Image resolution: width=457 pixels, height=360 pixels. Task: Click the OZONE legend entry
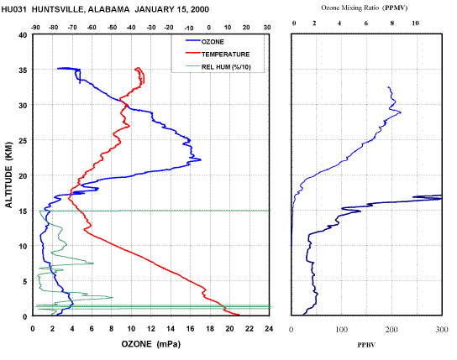pos(205,42)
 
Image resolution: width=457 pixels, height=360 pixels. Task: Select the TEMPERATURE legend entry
pos(218,55)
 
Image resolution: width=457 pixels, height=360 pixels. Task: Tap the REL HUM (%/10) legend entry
pos(218,67)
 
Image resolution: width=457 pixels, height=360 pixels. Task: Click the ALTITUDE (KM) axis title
pos(9,175)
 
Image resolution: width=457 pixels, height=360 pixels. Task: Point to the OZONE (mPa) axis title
pos(151,344)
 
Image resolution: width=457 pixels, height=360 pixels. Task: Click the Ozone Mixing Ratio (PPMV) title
pos(364,8)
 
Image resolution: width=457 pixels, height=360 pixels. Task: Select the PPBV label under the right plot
pos(366,345)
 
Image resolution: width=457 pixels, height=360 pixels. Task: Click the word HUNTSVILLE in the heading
pos(57,9)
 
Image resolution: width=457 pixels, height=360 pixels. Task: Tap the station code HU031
pos(13,9)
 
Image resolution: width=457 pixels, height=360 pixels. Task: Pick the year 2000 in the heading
pos(200,9)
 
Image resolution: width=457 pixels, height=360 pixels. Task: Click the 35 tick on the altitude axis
pos(23,70)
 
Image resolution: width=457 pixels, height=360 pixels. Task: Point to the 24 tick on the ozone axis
pos(269,329)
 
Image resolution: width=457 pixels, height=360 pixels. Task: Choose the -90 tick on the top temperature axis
pos(35,28)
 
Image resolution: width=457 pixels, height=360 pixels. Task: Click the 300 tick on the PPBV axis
pos(442,330)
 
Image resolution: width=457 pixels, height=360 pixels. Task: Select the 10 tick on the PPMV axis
pos(415,23)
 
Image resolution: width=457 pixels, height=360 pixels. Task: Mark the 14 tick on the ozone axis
pos(171,329)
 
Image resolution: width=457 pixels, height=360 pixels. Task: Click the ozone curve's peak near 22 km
pos(201,159)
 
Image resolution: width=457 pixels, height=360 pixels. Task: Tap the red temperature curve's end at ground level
pos(239,315)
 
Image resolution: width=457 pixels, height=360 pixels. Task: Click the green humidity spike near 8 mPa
pos(113,297)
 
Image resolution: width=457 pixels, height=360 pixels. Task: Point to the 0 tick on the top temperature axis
pos(208,28)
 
